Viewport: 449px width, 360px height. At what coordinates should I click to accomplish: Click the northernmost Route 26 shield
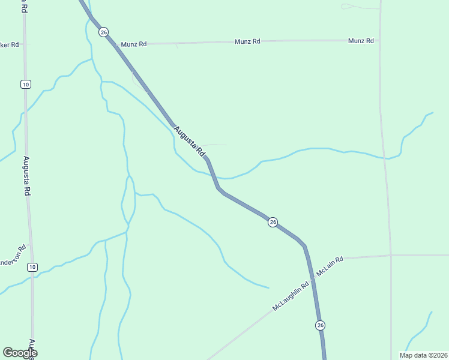(x=104, y=32)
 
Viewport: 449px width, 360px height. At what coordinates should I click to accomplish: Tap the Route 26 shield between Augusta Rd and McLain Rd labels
(x=273, y=222)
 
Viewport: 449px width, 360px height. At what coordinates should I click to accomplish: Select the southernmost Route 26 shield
(x=320, y=325)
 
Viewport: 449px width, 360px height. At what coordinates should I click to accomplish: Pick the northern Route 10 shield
(x=25, y=84)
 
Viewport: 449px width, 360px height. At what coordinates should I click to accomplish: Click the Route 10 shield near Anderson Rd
(x=32, y=267)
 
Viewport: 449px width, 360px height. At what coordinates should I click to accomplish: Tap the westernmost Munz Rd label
(x=133, y=44)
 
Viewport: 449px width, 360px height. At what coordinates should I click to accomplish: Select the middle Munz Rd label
(x=247, y=41)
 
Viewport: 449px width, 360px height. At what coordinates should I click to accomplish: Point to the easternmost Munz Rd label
(x=361, y=41)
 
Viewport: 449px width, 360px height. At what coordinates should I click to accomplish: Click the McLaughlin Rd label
(x=290, y=296)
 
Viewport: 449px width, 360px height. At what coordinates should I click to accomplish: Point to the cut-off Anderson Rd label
(x=12, y=256)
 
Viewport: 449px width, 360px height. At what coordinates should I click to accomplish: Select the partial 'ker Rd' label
(x=10, y=45)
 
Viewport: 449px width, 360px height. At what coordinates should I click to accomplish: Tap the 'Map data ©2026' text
(x=423, y=355)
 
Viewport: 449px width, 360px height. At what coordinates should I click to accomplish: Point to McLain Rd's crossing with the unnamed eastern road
(x=391, y=255)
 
